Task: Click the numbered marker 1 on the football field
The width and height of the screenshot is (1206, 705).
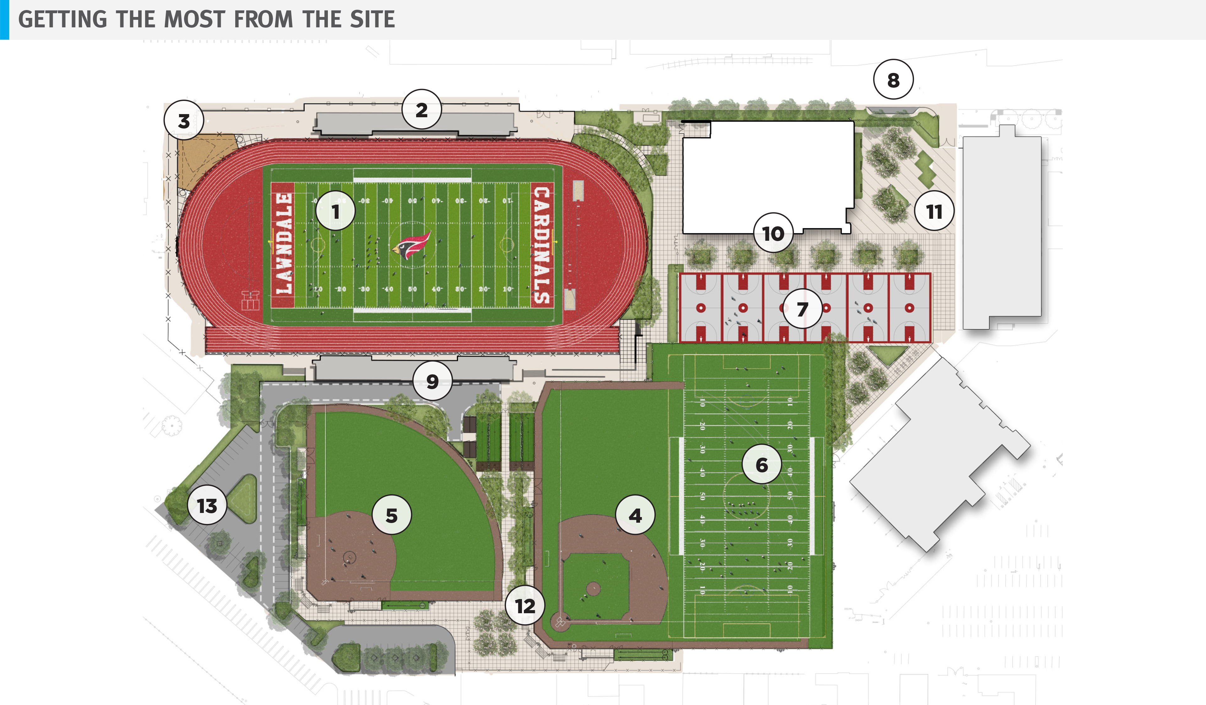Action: [x=335, y=211]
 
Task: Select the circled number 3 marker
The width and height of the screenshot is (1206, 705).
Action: [x=184, y=121]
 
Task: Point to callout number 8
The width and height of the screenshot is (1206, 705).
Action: [x=893, y=80]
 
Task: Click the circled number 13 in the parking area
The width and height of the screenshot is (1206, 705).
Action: [x=207, y=505]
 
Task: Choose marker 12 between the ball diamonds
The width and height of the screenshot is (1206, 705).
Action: [x=525, y=606]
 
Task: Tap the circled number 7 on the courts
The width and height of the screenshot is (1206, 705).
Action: [x=802, y=309]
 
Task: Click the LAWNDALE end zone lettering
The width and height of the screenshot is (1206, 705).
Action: [x=283, y=244]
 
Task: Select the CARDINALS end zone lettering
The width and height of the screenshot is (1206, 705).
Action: [x=542, y=244]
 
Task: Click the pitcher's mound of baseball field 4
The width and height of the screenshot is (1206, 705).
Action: [x=594, y=589]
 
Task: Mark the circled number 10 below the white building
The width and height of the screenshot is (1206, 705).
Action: [x=773, y=233]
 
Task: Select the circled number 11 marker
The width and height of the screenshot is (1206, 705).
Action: [x=934, y=211]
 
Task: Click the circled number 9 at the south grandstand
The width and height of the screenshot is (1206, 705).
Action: [x=432, y=381]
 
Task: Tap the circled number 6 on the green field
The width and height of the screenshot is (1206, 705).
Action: [x=761, y=464]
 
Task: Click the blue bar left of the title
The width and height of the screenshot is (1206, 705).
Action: [x=4, y=19]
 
